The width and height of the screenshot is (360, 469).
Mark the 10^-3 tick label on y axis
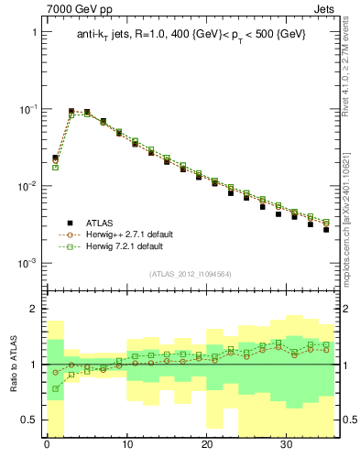[x=27, y=263]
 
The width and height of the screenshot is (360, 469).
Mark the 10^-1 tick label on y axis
[x=27, y=108]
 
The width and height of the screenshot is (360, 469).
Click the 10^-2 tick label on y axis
[x=27, y=186]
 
